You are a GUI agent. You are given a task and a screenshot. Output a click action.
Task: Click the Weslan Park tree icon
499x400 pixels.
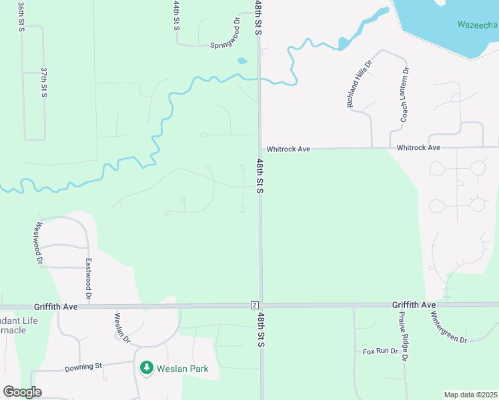(146, 368)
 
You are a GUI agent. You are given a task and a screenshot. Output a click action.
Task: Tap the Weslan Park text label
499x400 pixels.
(183, 369)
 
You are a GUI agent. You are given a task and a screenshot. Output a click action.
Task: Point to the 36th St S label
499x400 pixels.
(21, 15)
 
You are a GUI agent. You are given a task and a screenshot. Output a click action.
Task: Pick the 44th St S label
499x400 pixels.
(176, 15)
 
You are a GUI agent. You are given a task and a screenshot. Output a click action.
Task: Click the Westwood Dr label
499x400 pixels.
(39, 244)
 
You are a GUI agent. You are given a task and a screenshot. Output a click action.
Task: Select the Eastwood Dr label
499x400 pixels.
(87, 278)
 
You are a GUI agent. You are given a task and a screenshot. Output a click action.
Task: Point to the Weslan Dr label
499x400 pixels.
(122, 327)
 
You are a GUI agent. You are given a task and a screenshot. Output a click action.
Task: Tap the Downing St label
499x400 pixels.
(83, 367)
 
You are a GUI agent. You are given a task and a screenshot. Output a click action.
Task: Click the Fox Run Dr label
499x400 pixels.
(380, 351)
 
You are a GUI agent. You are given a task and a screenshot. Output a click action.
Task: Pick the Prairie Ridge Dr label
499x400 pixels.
(403, 336)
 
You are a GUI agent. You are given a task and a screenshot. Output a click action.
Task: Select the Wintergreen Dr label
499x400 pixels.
(448, 327)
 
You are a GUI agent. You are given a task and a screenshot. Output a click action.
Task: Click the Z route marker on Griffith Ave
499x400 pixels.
(254, 305)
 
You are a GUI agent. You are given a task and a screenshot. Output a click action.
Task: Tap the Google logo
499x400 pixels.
(22, 392)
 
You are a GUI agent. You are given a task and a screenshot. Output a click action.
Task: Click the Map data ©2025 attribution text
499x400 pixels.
(471, 395)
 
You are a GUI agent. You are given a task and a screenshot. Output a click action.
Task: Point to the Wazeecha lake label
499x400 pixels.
(477, 25)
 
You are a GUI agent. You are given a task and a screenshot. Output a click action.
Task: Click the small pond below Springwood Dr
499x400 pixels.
(241, 61)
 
